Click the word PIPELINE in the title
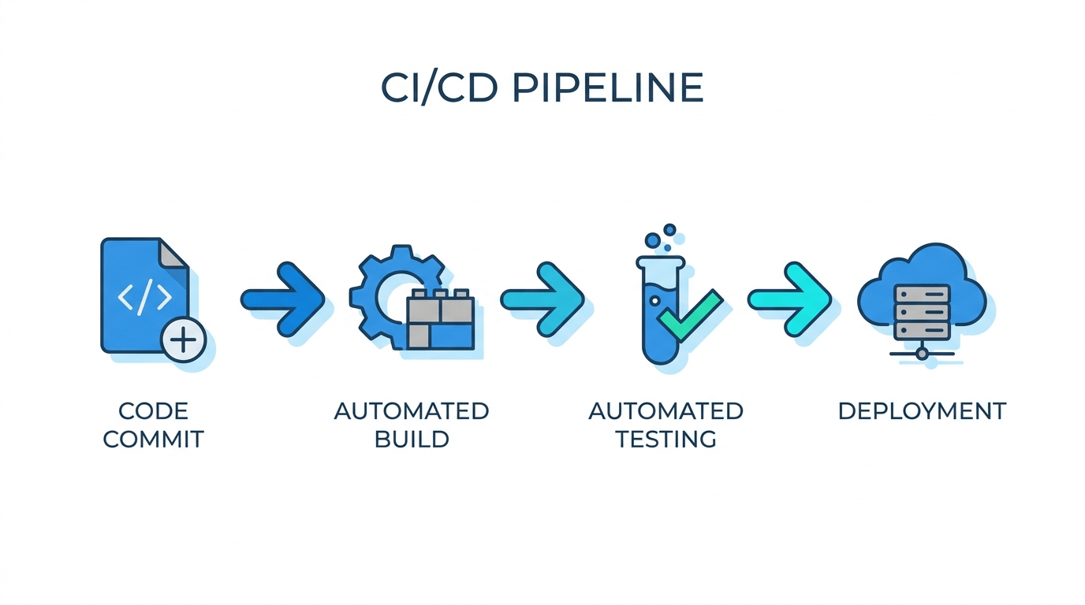coord(607,88)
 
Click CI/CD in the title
coord(439,88)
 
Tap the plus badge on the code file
coord(184,340)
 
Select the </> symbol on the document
coord(145,298)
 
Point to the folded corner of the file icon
coord(173,253)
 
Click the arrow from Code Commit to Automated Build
coord(283,299)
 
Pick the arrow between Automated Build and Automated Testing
coord(542,299)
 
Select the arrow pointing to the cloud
coord(789,299)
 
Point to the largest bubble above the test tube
coord(653,240)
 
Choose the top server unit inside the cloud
coord(923,295)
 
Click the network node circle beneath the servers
coord(923,354)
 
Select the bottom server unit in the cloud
coord(923,330)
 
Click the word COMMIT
coord(154,440)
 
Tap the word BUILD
coord(412,440)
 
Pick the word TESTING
coord(666,440)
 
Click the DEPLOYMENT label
coord(923,411)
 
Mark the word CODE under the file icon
coord(154,411)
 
